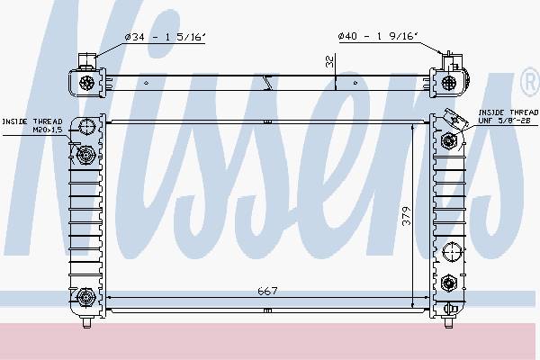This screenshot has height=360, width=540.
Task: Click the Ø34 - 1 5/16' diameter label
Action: click(x=165, y=37)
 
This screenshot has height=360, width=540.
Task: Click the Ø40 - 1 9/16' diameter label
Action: click(x=378, y=36)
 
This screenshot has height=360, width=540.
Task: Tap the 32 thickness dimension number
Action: click(x=330, y=61)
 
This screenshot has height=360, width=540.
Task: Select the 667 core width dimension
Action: click(x=267, y=291)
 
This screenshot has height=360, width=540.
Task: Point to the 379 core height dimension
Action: click(x=407, y=216)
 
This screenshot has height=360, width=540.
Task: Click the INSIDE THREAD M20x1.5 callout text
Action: click(x=32, y=126)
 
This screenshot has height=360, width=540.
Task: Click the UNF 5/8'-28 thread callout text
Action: click(x=504, y=121)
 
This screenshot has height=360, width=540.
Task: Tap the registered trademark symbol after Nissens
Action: click(x=530, y=82)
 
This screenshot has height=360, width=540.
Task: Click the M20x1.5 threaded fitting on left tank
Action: click(x=85, y=155)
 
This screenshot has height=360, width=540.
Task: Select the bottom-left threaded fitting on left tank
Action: click(x=85, y=297)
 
